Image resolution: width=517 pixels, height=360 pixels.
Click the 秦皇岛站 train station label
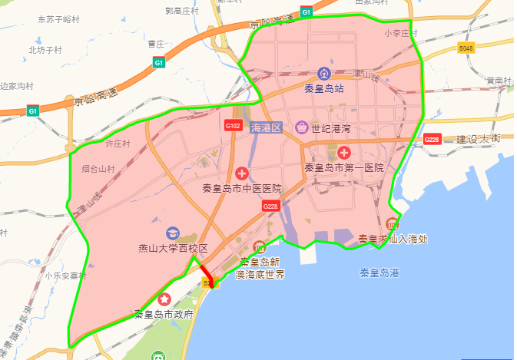[323, 88]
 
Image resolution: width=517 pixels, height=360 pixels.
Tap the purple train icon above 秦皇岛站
[323, 74]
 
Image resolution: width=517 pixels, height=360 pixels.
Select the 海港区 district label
[267, 127]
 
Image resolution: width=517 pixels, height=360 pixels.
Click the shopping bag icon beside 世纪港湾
[302, 127]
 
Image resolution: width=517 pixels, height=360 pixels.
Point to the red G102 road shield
[234, 125]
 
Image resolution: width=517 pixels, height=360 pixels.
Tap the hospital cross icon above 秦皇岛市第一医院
[343, 153]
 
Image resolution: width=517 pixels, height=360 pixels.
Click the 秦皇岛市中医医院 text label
[242, 188]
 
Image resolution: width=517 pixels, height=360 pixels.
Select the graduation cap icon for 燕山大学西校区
[173, 233]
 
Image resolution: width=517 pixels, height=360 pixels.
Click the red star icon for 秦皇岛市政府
[164, 299]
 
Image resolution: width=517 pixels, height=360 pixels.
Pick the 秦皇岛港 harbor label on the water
[379, 272]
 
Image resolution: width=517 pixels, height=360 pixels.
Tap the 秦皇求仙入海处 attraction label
[393, 239]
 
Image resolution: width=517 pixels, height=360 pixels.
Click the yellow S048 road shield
[466, 48]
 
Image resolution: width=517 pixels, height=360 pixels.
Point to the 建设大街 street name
[478, 139]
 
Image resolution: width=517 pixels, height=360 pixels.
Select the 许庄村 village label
[118, 144]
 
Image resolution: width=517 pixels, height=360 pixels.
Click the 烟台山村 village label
[98, 168]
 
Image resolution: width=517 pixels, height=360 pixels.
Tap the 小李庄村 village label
[400, 34]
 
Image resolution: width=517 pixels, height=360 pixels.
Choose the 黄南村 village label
[499, 80]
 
